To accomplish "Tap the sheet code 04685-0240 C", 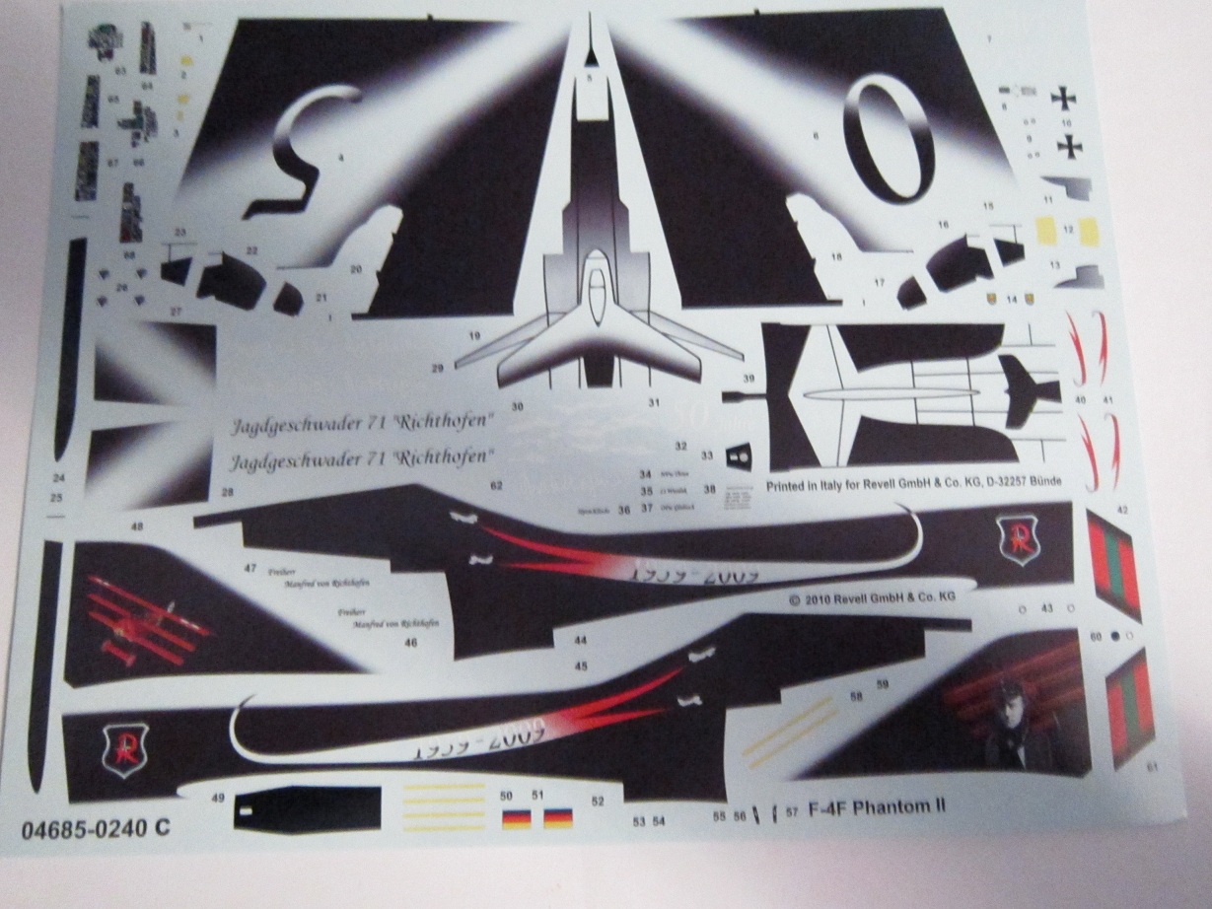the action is (95, 829).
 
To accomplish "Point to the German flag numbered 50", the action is (514, 817).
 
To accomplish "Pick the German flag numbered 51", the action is (558, 817).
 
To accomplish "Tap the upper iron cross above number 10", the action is (1063, 99).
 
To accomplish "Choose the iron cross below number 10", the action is (1069, 146).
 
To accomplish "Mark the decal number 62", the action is (496, 485).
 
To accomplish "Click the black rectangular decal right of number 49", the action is (307, 809).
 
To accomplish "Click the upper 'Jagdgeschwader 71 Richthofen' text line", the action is (363, 424).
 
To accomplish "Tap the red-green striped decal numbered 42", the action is (1113, 566).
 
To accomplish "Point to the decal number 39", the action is (749, 379).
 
